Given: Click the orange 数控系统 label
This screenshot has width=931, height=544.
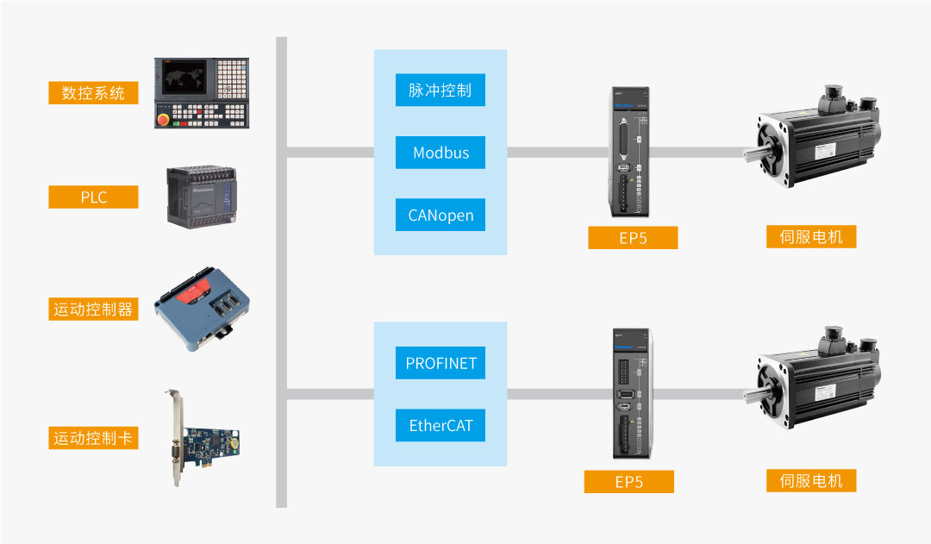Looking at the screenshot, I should point(93,93).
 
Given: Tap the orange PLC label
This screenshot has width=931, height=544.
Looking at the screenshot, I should point(93,197).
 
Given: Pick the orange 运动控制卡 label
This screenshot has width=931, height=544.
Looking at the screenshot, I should point(93,438).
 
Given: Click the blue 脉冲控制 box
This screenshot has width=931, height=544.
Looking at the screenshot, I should point(441,90).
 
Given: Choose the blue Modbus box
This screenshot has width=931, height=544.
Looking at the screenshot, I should point(441,153).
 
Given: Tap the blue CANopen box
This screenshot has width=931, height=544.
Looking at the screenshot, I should point(441,215).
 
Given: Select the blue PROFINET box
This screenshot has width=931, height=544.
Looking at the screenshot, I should point(441,363).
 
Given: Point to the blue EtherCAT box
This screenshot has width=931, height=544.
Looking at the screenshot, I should point(441,426).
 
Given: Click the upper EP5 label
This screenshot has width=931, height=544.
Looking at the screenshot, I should point(633,238).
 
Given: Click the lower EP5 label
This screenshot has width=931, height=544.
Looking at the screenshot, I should point(628,482).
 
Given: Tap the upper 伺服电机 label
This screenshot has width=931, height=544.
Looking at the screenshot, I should point(811,236).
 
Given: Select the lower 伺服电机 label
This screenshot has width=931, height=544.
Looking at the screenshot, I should point(811,481).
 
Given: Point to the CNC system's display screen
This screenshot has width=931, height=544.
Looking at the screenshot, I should point(184,78).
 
